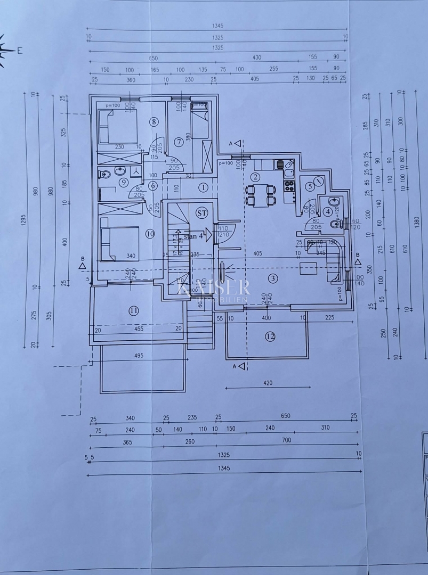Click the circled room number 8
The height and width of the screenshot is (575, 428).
click(x=154, y=122)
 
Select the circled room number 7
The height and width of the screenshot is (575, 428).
click(x=179, y=142)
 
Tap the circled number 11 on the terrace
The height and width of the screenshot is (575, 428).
click(x=133, y=310)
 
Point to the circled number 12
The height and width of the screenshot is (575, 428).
click(x=270, y=336)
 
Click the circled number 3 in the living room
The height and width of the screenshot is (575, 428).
click(x=273, y=278)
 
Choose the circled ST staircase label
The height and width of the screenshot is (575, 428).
click(x=201, y=213)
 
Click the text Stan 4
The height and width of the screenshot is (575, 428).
click(x=193, y=236)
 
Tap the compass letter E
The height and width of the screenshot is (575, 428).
click(x=20, y=51)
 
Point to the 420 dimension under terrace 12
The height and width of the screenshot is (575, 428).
click(x=268, y=382)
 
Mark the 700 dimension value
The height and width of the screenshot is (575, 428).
click(x=286, y=440)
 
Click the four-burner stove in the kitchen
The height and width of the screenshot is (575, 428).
click(x=289, y=186)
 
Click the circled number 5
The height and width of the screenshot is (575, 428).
click(x=310, y=186)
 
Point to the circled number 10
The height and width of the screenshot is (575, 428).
click(x=150, y=233)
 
